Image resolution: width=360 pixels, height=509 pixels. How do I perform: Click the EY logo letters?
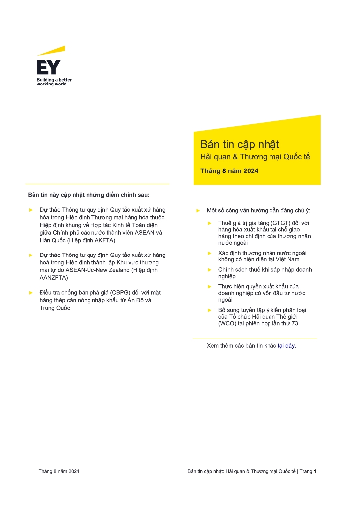48,68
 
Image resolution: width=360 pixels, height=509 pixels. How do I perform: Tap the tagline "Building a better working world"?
54,82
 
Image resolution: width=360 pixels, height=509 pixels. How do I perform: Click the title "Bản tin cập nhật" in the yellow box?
240,145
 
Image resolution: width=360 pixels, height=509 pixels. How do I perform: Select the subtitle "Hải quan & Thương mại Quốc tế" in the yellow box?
255,157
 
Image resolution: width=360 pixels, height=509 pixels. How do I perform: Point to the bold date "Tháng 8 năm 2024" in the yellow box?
229,171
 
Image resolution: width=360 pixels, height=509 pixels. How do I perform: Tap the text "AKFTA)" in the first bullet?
105,240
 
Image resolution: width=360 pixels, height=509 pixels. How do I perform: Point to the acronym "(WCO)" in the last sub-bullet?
229,324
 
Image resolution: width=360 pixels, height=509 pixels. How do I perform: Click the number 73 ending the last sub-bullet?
295,324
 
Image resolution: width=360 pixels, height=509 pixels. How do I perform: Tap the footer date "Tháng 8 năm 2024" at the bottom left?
59,471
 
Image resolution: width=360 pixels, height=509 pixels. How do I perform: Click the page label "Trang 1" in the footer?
308,471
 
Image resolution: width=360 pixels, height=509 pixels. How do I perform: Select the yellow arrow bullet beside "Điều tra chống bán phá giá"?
31,293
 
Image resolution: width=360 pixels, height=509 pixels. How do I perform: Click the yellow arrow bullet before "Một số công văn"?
198,211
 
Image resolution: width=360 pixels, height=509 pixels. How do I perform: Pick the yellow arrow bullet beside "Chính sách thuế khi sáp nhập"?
209,270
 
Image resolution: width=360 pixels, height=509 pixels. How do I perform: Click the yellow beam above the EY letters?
51,51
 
